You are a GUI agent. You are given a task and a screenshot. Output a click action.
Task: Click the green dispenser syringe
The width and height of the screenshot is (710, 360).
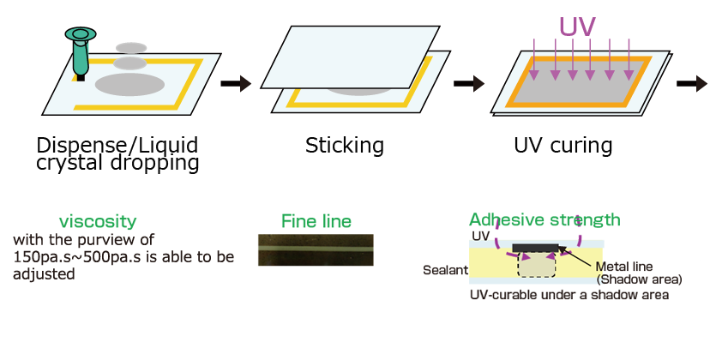point(80,51)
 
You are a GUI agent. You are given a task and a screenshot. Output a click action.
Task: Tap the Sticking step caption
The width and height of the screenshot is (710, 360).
point(345,145)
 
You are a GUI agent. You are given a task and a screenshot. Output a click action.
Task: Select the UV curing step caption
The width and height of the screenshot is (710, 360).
point(563,145)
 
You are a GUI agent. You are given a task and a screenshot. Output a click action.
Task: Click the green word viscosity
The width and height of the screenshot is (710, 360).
point(98,221)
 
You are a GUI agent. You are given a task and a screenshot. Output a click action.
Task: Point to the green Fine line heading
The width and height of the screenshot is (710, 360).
point(316,221)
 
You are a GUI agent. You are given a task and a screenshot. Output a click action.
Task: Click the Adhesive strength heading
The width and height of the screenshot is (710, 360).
point(545,219)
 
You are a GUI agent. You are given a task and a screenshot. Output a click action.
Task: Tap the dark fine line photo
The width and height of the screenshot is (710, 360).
point(316,249)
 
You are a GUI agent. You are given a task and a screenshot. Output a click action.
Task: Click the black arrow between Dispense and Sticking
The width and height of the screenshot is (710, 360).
point(235,84)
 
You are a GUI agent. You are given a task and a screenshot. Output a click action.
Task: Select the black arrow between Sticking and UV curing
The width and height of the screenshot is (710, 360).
point(468,84)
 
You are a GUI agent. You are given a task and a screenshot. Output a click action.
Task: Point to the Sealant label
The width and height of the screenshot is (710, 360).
point(445,270)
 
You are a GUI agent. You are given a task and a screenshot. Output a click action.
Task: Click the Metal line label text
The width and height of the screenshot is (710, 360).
point(629,267)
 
